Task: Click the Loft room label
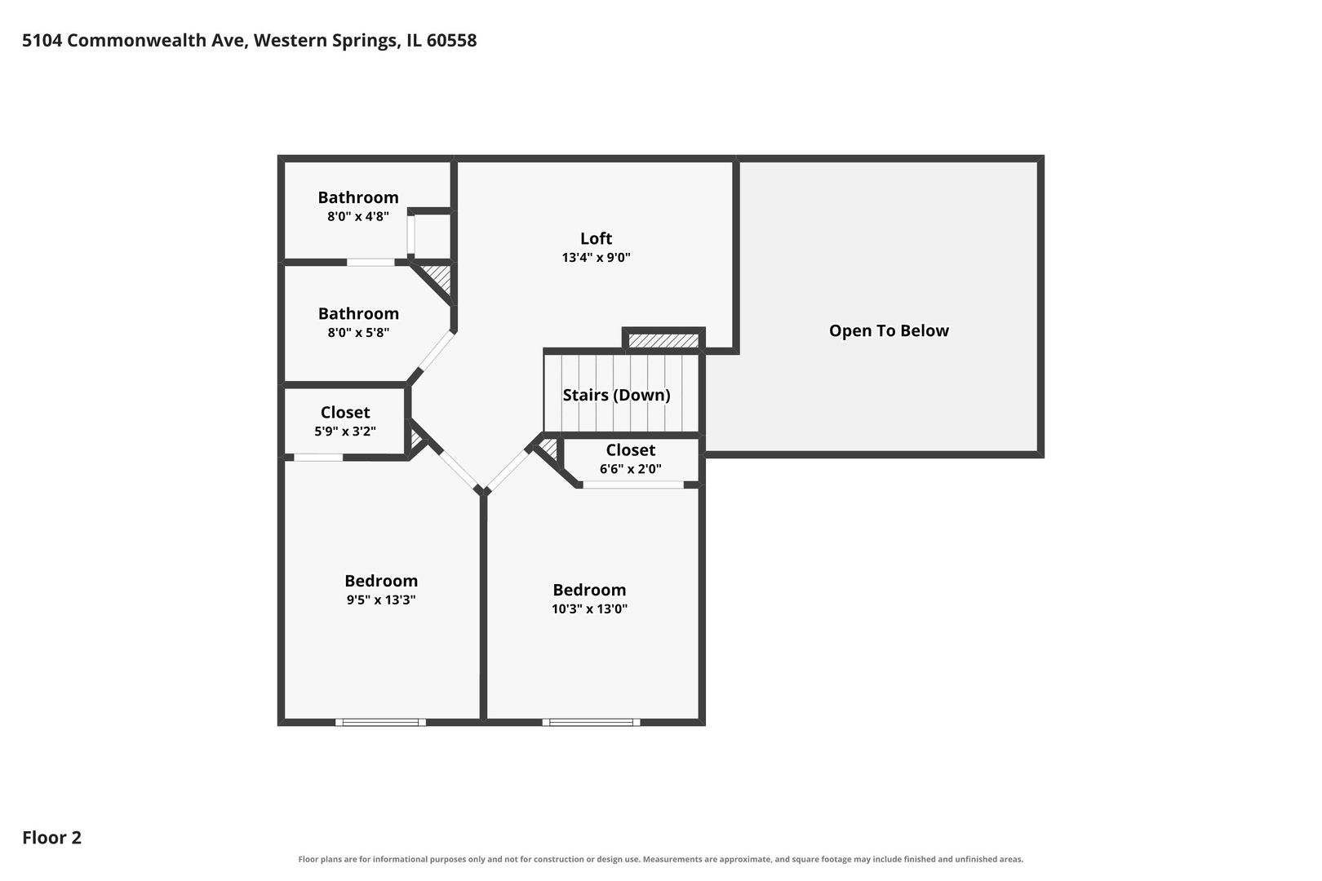pyautogui.click(x=596, y=238)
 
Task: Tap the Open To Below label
pyautogui.click(x=889, y=330)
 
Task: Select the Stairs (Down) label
pyautogui.click(x=616, y=395)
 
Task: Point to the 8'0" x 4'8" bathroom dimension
pyautogui.click(x=358, y=216)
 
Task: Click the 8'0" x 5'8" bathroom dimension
pyautogui.click(x=358, y=332)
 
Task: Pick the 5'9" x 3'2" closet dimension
pyautogui.click(x=345, y=432)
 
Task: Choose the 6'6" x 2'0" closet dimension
pyautogui.click(x=630, y=468)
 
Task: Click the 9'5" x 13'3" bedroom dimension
pyautogui.click(x=381, y=600)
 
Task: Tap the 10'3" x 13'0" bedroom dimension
pyautogui.click(x=589, y=609)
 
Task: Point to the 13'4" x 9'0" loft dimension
pyautogui.click(x=596, y=257)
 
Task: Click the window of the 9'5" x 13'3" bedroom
pyautogui.click(x=380, y=722)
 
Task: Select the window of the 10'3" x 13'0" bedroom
pyautogui.click(x=592, y=722)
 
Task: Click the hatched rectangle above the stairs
pyautogui.click(x=663, y=340)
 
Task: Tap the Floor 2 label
pyautogui.click(x=52, y=837)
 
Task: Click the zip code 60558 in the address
pyautogui.click(x=451, y=40)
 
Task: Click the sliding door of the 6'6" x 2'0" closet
pyautogui.click(x=633, y=485)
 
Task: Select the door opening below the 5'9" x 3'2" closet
pyautogui.click(x=318, y=458)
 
